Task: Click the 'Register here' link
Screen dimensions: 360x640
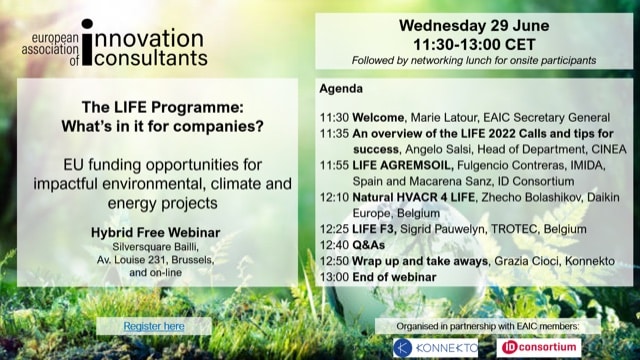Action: point(153,326)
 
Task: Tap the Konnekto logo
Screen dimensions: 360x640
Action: point(431,347)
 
